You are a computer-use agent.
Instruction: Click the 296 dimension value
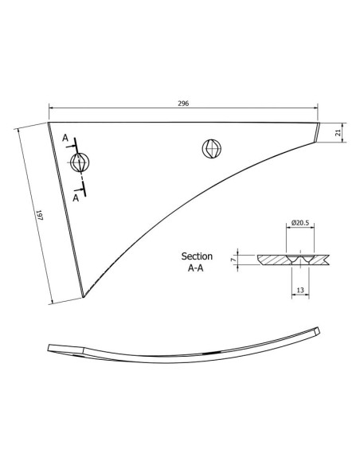(x=184, y=104)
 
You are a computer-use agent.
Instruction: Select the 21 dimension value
(x=338, y=134)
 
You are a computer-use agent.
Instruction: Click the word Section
(x=197, y=256)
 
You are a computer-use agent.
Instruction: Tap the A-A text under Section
(x=197, y=269)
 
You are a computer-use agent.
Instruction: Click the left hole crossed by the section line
(x=79, y=162)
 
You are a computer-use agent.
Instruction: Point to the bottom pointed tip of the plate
(x=83, y=297)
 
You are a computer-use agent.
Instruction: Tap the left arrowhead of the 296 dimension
(x=51, y=109)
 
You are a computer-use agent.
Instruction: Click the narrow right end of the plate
(x=317, y=133)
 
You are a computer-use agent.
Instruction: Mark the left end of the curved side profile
(x=49, y=347)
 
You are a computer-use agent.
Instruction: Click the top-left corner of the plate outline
(x=49, y=123)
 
